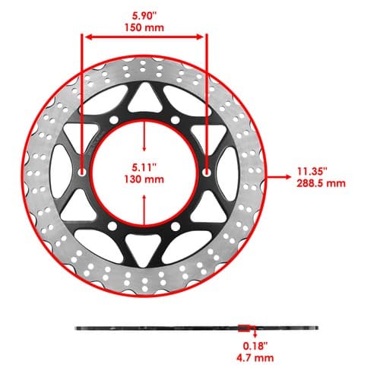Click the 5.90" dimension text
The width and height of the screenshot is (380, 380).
click(144, 16)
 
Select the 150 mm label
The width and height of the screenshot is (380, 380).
click(144, 27)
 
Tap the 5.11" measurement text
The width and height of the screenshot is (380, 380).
click(144, 167)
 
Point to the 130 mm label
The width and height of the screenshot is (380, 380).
click(144, 179)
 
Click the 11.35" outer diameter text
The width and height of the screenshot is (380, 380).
click(312, 172)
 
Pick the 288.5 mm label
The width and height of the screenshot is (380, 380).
click(321, 183)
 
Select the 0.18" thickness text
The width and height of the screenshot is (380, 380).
click(255, 346)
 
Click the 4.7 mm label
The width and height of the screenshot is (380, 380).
click(255, 358)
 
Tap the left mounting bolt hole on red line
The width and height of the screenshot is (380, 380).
click(81, 173)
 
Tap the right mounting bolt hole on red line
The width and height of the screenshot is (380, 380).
click(207, 173)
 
